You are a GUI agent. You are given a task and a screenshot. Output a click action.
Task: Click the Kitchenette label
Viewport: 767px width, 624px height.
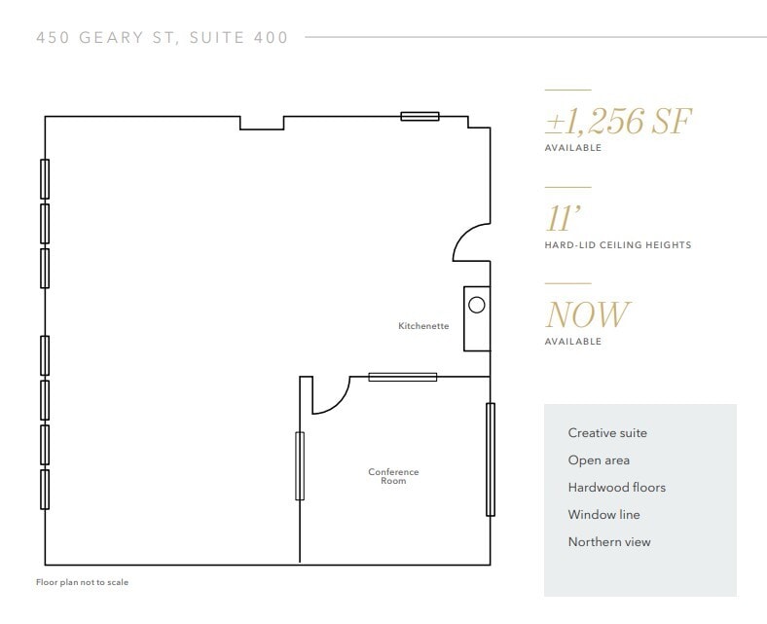[423, 326]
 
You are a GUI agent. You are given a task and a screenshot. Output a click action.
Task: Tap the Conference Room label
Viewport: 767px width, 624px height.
[393, 476]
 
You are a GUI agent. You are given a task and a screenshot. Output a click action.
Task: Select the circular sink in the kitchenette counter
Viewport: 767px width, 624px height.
[477, 305]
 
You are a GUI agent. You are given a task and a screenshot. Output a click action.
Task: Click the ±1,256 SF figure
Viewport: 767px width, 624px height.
[618, 122]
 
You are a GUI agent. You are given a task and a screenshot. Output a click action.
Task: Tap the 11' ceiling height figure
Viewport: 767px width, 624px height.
[560, 218]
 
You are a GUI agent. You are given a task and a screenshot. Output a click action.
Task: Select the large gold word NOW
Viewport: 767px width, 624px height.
[587, 314]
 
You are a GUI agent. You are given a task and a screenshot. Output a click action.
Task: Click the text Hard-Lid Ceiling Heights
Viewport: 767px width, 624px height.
[617, 245]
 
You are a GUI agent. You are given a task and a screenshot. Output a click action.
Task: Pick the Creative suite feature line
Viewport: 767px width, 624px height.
[607, 433]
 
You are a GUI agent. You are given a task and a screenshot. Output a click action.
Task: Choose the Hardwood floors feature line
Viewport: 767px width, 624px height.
[617, 488]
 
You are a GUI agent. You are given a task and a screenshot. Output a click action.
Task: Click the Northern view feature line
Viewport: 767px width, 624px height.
[609, 542]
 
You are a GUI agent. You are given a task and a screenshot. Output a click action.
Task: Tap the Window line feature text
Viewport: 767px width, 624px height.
[603, 515]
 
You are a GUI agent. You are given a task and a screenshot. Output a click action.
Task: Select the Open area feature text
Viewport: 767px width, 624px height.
[599, 460]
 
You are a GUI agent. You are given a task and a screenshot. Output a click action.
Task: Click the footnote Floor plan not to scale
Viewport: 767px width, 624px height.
[83, 582]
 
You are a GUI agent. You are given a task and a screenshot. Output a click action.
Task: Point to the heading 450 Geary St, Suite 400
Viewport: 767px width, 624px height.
[162, 38]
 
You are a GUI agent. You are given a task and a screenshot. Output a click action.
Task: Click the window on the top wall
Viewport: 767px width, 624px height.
[420, 117]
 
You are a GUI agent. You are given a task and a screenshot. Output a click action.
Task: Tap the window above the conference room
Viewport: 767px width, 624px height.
[402, 377]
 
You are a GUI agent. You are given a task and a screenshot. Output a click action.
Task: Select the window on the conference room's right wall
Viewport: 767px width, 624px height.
[490, 459]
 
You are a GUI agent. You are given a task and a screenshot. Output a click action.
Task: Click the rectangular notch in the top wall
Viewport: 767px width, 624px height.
[262, 123]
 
